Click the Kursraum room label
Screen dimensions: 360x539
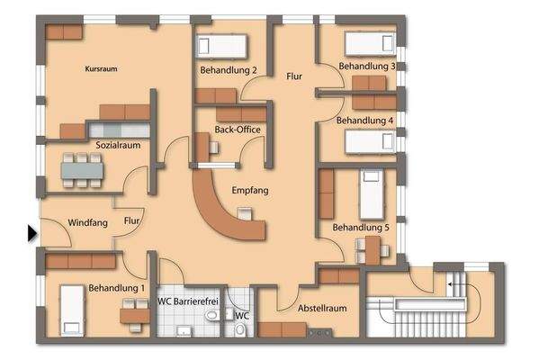(x=102, y=68)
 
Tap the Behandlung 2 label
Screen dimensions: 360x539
(x=229, y=70)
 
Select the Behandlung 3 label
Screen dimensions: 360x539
(x=366, y=67)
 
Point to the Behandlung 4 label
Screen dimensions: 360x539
(x=364, y=120)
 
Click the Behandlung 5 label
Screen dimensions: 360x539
(x=361, y=229)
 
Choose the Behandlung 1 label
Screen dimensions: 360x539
(x=117, y=288)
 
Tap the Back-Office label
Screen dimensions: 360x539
(x=237, y=130)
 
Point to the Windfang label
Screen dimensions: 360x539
(x=87, y=221)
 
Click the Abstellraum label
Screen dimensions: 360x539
(x=322, y=309)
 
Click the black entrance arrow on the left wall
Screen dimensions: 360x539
(x=32, y=233)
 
